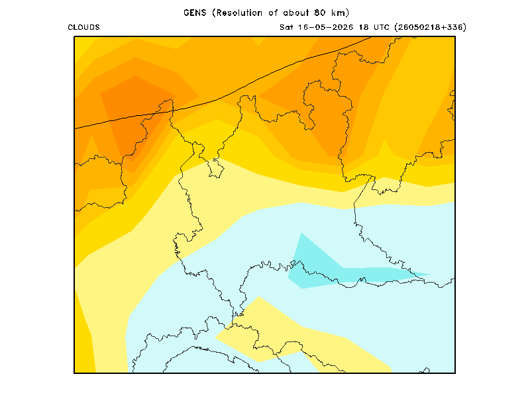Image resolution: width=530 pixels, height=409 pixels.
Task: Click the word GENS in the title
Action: click(195, 13)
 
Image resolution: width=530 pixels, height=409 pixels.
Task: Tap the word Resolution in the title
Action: click(239, 13)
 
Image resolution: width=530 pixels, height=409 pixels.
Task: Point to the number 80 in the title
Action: click(319, 13)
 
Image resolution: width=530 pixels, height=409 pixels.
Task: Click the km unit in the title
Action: click(338, 13)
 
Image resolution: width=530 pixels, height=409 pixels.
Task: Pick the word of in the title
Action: click(273, 13)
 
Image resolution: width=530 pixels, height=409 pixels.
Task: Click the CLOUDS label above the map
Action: click(84, 27)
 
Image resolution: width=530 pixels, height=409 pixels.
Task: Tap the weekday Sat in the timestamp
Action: click(286, 27)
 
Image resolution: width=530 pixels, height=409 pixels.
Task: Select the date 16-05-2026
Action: click(325, 27)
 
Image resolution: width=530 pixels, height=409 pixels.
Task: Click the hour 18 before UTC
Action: click(364, 27)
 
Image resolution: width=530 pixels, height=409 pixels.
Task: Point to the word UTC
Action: click(382, 27)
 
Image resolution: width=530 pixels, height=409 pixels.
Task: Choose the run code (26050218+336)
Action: click(430, 27)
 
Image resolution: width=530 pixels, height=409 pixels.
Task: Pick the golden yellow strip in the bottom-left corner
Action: click(84, 338)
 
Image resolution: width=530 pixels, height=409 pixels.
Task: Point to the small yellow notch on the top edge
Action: click(258, 40)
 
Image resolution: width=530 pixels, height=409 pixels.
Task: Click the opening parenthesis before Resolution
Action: click(214, 13)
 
